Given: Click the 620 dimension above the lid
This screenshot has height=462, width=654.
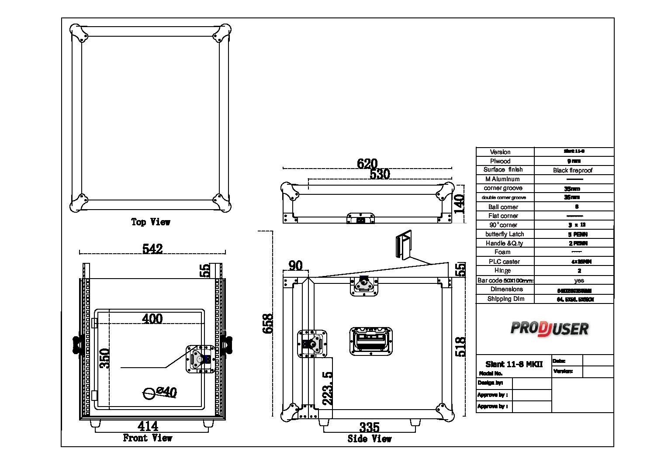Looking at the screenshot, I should coord(367,164).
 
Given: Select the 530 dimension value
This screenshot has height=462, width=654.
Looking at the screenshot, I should coord(380,174).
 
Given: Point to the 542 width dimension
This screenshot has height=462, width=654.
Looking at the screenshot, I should coord(152,248).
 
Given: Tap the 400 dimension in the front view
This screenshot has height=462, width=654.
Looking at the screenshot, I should coord(152,318).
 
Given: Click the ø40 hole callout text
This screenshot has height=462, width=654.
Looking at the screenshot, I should coord(166,391).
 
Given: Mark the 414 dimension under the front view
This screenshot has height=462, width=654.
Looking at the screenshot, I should coord(148,425).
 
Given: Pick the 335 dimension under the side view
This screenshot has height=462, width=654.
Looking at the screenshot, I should coord(369,427).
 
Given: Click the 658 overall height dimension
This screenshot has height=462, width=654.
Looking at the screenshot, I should coord(268,324).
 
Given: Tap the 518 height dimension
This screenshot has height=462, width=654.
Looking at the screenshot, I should coord(460,347).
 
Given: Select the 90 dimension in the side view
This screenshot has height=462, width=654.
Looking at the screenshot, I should coord(295,265).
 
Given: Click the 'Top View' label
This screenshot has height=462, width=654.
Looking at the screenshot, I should coord(151,222).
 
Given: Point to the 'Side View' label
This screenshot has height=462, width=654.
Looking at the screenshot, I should coord(370,439).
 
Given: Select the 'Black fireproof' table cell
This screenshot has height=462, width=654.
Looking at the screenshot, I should coord(573,170).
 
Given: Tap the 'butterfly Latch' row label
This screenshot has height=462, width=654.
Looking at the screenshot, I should coord(504,234).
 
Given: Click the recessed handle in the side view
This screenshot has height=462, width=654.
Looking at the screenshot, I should coord(371,341).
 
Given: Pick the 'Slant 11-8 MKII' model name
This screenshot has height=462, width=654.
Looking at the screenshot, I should coord(514,364).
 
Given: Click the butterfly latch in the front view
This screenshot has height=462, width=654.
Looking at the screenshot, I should coord(201,359).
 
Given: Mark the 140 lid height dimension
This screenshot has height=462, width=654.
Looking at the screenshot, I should coord(459,203).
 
